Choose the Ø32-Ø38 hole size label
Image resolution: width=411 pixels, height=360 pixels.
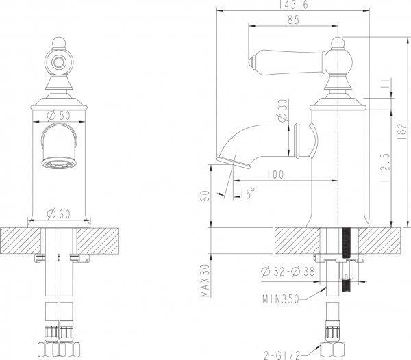(x=288, y=271)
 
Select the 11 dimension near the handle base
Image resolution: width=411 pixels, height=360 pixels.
(x=384, y=83)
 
